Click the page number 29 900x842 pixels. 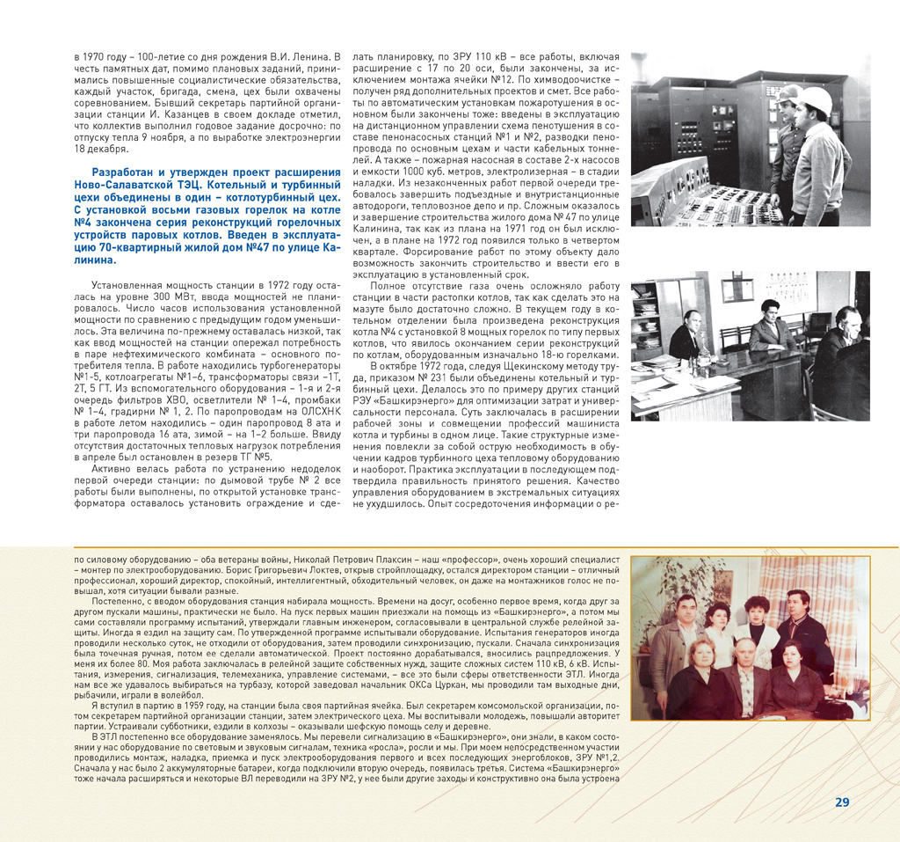tap(841, 802)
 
